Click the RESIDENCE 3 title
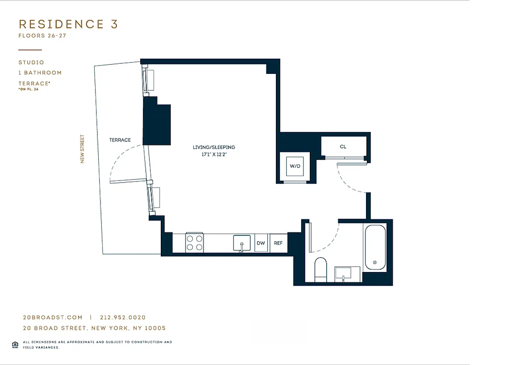68,24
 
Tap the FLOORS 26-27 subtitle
42,36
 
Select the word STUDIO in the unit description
31,63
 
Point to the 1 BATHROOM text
40,73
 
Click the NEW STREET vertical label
83,149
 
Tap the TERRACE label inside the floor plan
120,140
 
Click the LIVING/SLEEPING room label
214,147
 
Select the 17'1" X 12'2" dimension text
214,154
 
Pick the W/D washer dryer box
295,166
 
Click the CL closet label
343,147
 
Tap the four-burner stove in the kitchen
194,242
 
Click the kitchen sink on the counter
242,243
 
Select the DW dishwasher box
261,243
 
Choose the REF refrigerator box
278,243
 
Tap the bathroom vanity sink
343,274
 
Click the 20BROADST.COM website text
53,318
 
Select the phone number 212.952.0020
122,318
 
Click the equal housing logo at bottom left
15,344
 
